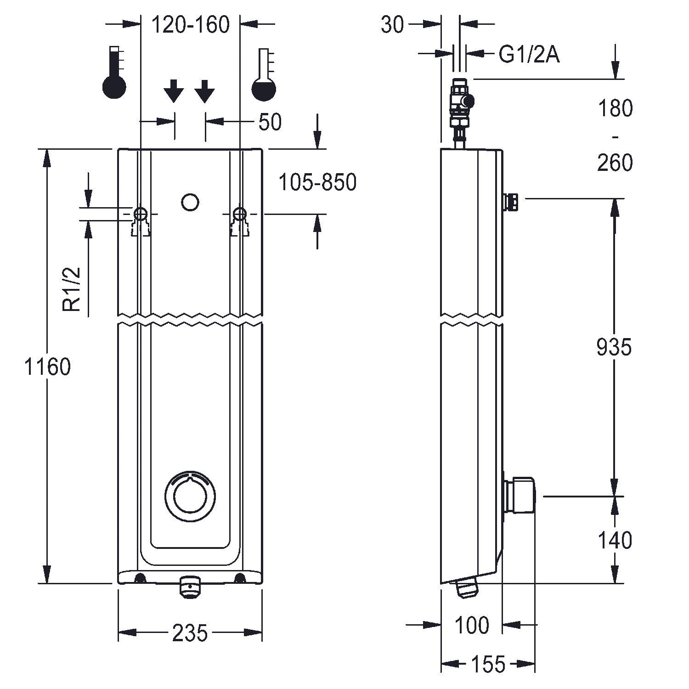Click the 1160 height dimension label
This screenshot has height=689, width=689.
pos(48,367)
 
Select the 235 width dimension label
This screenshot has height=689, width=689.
pos(190,634)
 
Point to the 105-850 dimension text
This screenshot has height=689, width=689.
pos(317,183)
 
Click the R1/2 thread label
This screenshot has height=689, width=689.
pos(72,289)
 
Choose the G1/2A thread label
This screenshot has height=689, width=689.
pos(529,55)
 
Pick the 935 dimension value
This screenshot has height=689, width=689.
pos(614,347)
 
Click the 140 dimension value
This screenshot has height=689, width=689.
pos(615,541)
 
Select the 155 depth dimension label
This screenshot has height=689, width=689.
pos(488,664)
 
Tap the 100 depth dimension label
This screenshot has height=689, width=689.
pos(472,625)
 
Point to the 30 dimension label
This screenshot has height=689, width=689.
pos(392,25)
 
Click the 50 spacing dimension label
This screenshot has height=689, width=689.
pos(270,122)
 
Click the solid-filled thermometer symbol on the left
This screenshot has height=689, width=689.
pos(114,73)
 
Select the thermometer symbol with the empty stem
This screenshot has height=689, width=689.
pos(264,74)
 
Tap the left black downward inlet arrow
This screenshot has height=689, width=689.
pos(174,90)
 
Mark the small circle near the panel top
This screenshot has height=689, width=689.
pos(190,202)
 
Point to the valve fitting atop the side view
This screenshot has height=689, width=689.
pos(461,106)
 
